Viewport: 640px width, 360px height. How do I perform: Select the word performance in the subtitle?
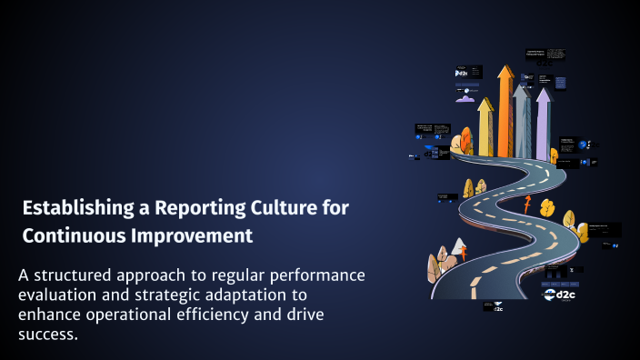[x=313, y=275]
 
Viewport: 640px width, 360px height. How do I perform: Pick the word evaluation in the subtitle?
[x=59, y=295]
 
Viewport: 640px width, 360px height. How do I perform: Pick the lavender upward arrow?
[x=543, y=123]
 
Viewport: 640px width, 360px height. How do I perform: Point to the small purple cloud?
[x=586, y=145]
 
